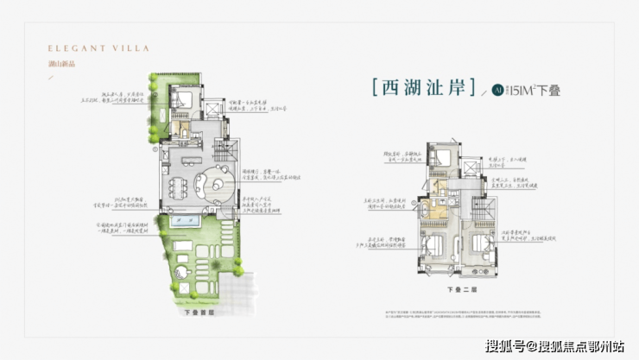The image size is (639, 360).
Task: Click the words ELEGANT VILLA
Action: click(86, 49)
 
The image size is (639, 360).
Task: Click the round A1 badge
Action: click(498, 89)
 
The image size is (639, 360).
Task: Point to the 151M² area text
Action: click(523, 89)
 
